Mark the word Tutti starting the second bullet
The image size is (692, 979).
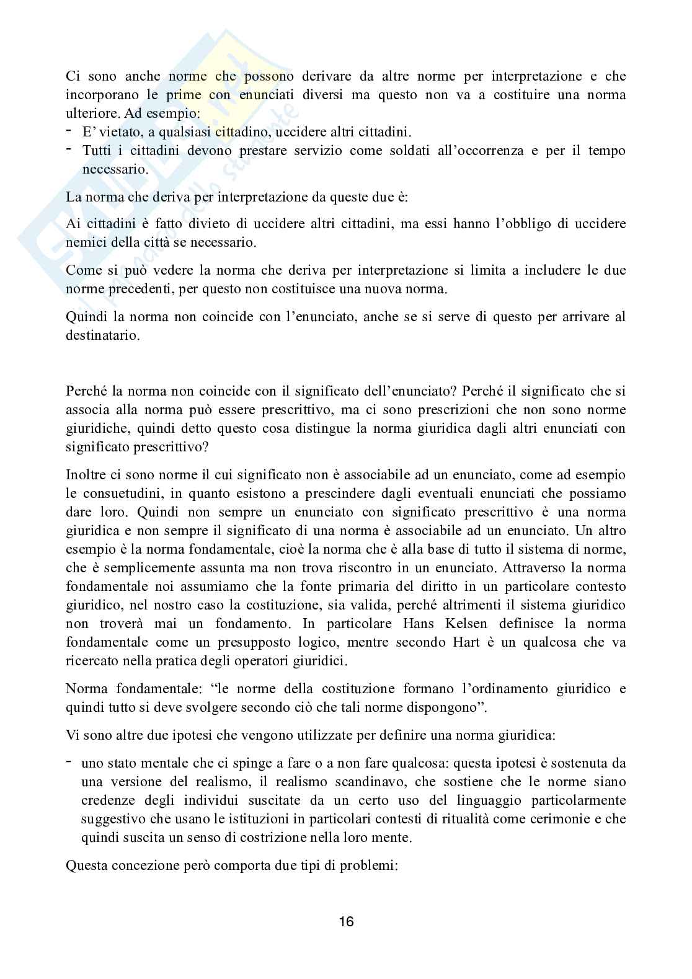click(98, 151)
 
